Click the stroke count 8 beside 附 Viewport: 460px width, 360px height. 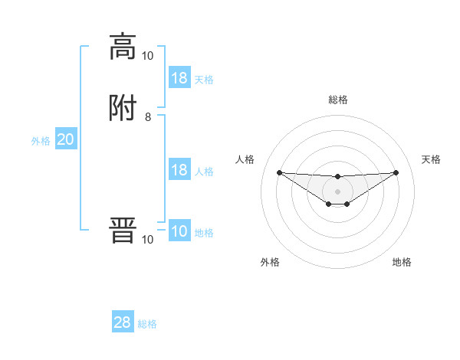tap(148, 117)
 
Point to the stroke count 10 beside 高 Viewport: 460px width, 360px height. tap(148, 55)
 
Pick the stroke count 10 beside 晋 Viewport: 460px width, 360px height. tap(148, 240)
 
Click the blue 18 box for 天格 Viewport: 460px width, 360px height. tap(179, 78)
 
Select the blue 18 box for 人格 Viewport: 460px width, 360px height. tap(179, 170)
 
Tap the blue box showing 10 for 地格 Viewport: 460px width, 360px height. tap(179, 232)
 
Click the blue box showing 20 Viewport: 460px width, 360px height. tap(66, 139)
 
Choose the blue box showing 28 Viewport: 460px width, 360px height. tap(123, 322)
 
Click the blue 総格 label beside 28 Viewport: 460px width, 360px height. tap(147, 324)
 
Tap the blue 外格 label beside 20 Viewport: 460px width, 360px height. tap(41, 141)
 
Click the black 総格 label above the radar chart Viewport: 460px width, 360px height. tap(338, 100)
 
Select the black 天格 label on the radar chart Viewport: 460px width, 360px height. tap(431, 159)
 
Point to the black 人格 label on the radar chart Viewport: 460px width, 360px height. tap(245, 159)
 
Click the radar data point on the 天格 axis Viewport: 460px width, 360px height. tap(396, 172)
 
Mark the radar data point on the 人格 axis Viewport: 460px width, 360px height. tap(279, 172)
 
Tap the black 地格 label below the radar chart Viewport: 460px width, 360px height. tap(402, 262)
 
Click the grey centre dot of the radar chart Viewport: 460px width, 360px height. tap(337, 191)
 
